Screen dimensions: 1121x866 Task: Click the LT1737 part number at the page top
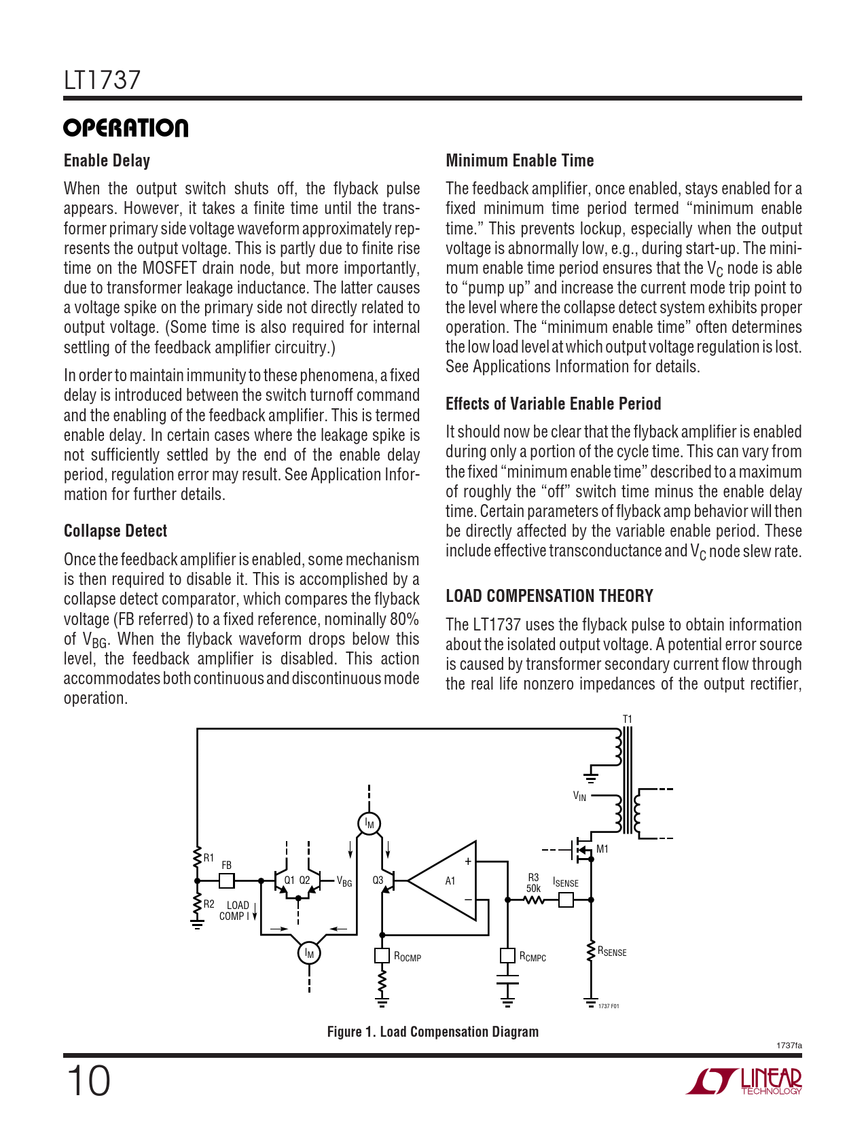click(x=102, y=80)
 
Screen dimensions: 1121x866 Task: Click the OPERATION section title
click(x=126, y=128)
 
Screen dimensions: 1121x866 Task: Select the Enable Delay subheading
click(x=107, y=161)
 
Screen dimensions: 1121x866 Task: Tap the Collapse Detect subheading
click(x=115, y=531)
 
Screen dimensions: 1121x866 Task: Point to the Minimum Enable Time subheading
click(x=520, y=161)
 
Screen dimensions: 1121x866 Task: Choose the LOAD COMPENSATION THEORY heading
click(x=549, y=597)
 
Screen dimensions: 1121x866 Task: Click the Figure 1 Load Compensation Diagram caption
click(x=433, y=1032)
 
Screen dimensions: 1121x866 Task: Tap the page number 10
click(x=88, y=1081)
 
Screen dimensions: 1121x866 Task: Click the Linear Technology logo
click(x=744, y=1081)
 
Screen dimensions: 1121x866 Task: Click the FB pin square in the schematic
click(x=227, y=881)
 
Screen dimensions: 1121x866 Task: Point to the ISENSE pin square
click(x=566, y=900)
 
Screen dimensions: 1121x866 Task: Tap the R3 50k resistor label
click(x=534, y=883)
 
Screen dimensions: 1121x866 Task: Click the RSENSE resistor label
click(x=612, y=952)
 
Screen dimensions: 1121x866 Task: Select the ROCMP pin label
click(x=408, y=957)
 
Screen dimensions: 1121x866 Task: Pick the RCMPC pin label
click(x=533, y=957)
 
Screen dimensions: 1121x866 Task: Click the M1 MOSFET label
click(x=602, y=849)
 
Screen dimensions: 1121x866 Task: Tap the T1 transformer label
click(x=628, y=719)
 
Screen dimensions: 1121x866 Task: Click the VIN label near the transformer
click(x=579, y=796)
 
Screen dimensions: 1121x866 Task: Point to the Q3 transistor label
click(x=378, y=880)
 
